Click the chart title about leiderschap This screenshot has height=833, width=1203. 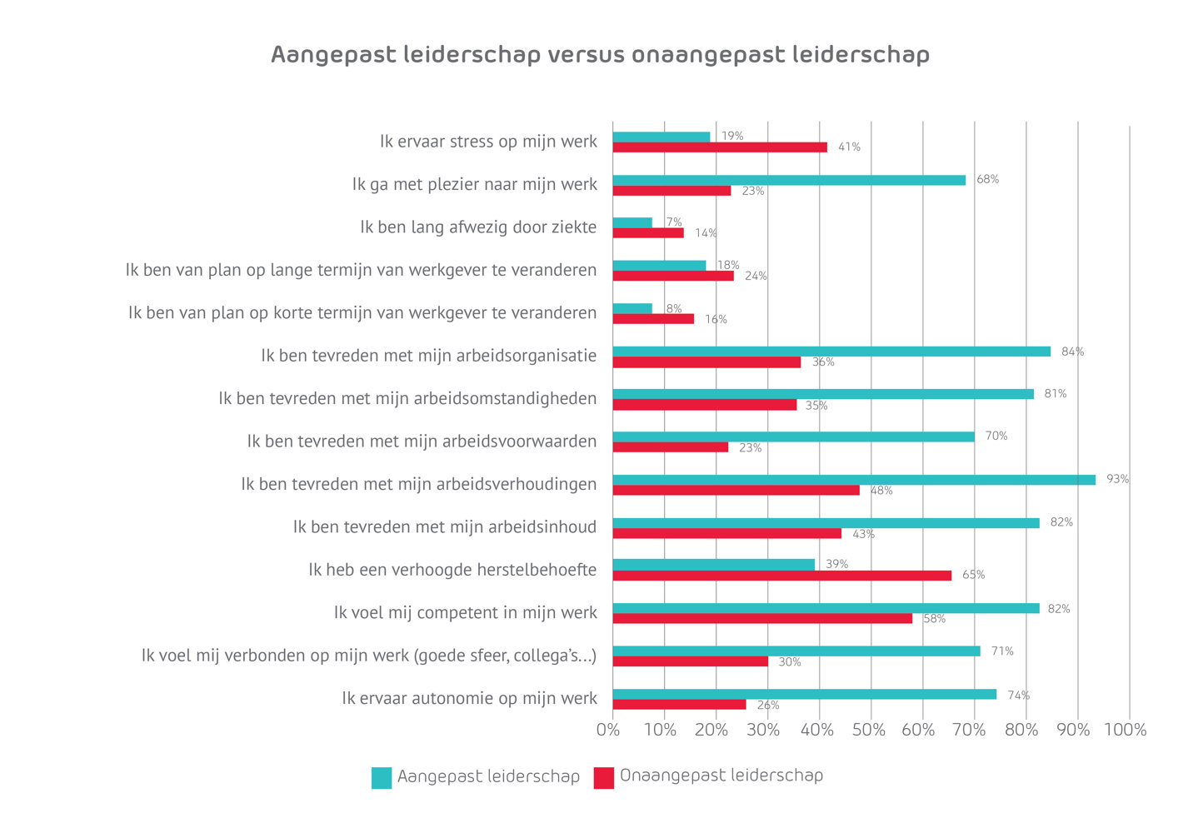[600, 55]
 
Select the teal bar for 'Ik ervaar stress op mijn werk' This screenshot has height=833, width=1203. [661, 137]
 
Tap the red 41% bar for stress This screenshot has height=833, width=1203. [720, 147]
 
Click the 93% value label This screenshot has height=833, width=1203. [1117, 479]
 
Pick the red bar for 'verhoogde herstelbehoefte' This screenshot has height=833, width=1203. [781, 576]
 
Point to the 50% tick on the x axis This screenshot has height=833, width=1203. [868, 731]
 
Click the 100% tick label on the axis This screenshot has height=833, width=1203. [1125, 731]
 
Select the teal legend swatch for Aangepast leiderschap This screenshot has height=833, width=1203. [382, 778]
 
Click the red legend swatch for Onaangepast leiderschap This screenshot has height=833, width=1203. [604, 778]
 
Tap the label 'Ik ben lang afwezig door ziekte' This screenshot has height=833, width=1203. [478, 227]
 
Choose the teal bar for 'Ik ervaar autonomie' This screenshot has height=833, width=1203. [804, 694]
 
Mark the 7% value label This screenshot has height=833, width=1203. [674, 222]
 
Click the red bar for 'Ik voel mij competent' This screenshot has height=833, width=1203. [762, 619]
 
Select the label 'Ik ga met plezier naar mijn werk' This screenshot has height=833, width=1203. [474, 184]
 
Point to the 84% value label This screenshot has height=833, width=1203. [1072, 352]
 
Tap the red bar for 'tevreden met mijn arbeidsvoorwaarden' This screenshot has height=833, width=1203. [671, 447]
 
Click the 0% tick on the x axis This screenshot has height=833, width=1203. [608, 731]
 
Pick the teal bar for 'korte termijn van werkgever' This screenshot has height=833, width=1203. [632, 308]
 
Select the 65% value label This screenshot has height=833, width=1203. [973, 575]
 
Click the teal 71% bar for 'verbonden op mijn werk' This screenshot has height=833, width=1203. [796, 651]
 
